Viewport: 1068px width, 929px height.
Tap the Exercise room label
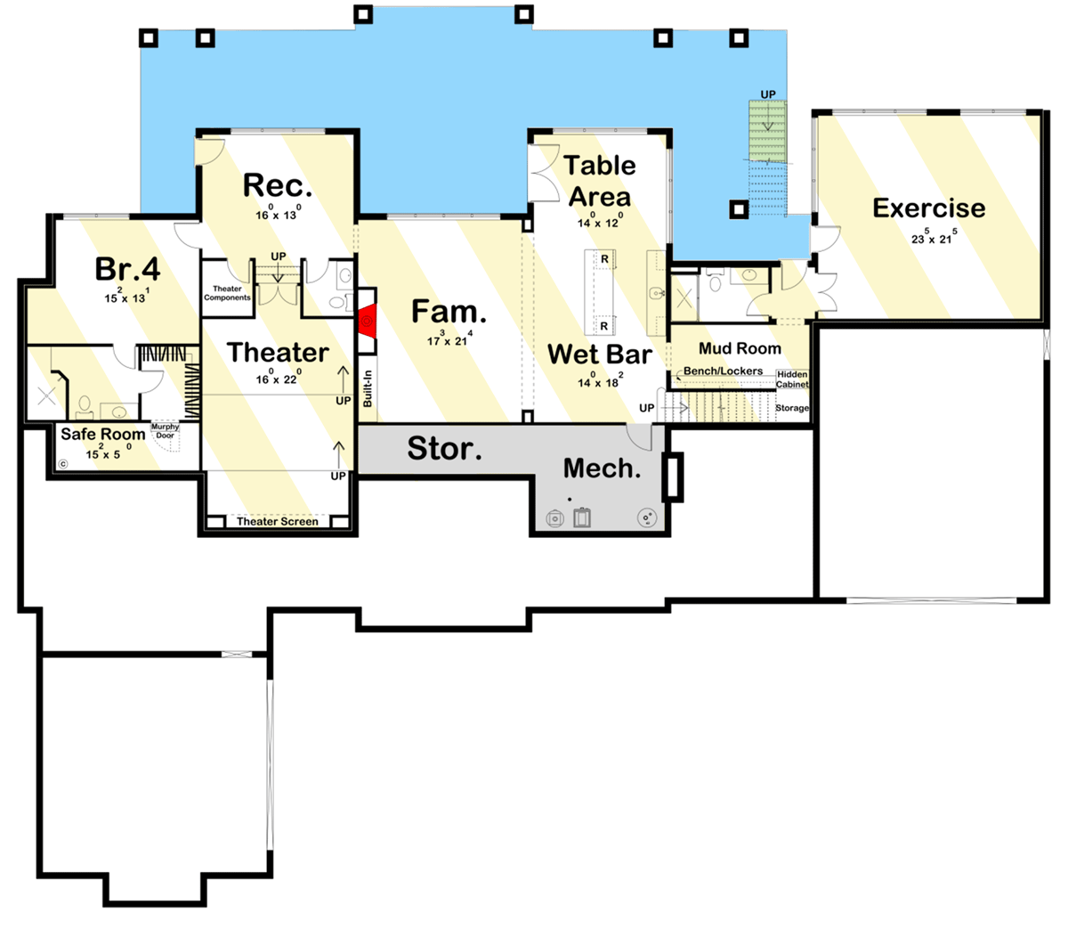pos(928,208)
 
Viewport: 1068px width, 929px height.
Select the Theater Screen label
pos(277,521)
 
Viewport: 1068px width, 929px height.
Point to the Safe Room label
pos(102,435)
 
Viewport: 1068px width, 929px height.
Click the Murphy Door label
pos(165,431)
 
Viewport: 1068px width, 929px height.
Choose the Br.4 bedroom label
pos(127,269)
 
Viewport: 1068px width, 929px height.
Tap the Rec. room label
pos(278,186)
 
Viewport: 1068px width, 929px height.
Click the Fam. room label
pos(449,312)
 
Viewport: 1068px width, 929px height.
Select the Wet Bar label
pos(599,354)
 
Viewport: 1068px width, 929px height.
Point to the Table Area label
pos(600,181)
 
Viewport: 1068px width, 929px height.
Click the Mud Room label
pos(740,348)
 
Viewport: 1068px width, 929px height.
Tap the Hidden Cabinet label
pos(792,379)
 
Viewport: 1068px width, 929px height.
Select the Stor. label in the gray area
pos(444,448)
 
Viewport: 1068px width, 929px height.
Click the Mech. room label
pos(602,469)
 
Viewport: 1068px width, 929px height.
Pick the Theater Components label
pos(227,293)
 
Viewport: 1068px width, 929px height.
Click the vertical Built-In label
pos(368,388)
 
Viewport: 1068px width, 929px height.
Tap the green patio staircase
pos(767,132)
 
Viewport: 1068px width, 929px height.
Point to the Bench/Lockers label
pos(723,371)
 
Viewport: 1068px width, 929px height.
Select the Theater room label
pos(278,353)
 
